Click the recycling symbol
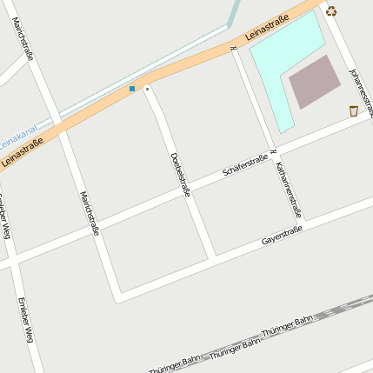[331, 11]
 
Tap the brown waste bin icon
[353, 110]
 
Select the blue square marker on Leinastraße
[132, 89]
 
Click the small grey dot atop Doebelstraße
[147, 89]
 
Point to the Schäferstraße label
[244, 165]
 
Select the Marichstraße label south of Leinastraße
[90, 213]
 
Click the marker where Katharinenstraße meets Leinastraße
[234, 49]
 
